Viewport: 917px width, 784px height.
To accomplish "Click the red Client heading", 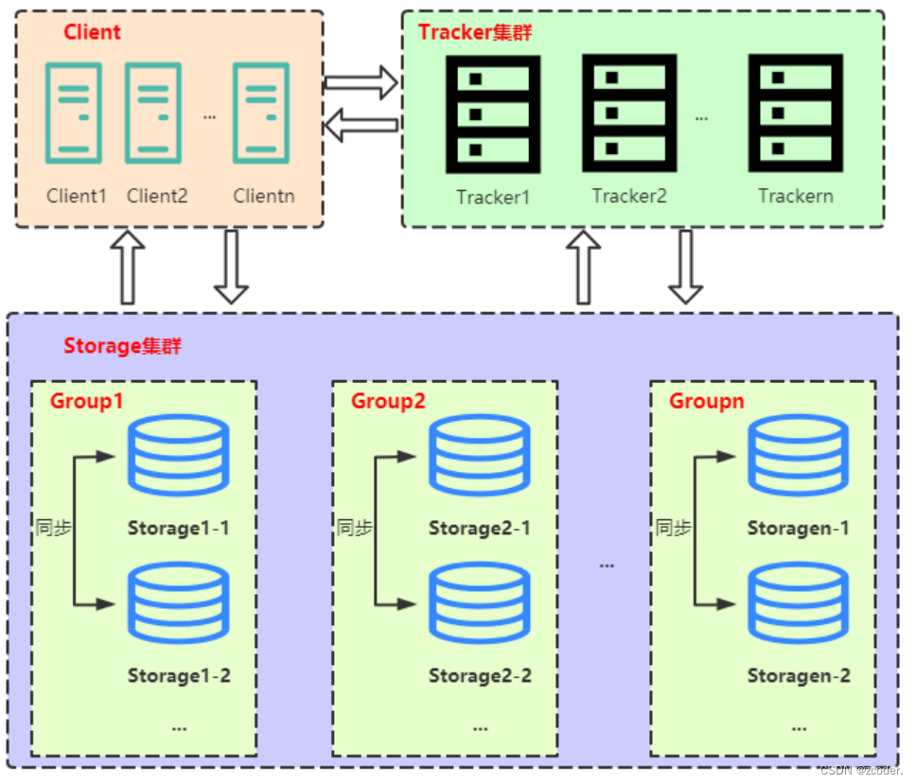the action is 92,31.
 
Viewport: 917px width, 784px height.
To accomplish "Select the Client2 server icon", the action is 153,113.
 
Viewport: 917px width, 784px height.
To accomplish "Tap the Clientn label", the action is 264,196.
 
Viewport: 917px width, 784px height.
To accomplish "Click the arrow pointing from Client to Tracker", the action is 362,82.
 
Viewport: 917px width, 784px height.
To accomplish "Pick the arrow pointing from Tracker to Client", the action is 362,125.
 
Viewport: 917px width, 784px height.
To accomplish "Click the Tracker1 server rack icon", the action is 493,114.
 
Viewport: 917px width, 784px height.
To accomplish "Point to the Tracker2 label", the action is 629,196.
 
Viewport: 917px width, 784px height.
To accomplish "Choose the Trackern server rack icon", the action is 795,113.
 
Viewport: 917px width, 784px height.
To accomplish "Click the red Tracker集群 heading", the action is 475,32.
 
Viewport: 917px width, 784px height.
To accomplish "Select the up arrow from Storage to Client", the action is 128,267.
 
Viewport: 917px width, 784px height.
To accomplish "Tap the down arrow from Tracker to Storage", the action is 685,267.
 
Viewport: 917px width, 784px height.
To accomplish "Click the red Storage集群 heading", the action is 122,345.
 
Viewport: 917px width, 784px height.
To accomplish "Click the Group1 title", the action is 86,401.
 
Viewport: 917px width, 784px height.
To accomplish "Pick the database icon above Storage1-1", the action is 178,455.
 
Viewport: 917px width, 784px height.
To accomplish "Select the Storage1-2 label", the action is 179,676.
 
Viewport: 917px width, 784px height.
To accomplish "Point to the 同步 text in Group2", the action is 354,528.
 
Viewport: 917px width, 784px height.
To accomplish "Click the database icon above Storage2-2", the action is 480,602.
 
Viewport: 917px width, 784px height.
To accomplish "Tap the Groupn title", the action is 707,401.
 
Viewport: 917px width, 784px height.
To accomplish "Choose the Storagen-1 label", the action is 799,529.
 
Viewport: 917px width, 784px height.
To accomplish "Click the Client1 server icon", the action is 74,113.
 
